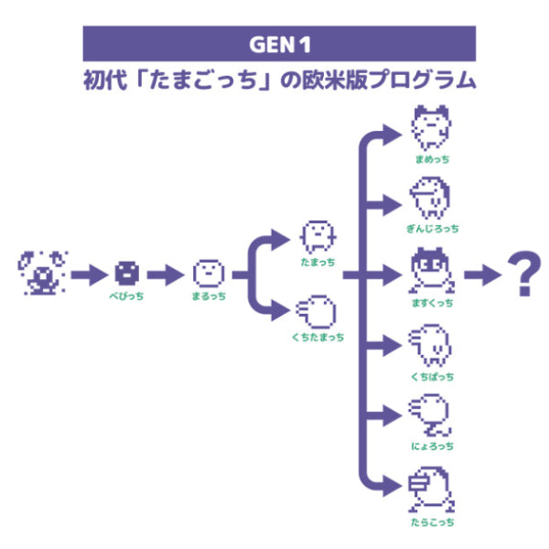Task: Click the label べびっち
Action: click(126, 297)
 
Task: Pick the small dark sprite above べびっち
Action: click(126, 272)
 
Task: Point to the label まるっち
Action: click(209, 297)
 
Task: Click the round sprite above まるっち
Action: click(209, 272)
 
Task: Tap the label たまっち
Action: click(317, 262)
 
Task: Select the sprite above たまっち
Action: click(316, 235)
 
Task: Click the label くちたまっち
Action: click(317, 338)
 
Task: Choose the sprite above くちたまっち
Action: click(317, 312)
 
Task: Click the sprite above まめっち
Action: click(431, 129)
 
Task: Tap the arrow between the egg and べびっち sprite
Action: click(88, 273)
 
